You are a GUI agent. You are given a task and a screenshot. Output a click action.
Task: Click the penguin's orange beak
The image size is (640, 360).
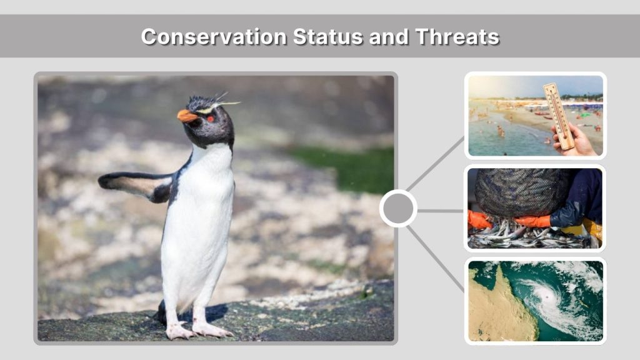point(186,116)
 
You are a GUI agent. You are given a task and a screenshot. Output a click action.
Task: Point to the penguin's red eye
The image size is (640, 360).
point(211,118)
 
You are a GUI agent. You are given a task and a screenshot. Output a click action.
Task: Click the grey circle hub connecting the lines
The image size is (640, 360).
point(398,208)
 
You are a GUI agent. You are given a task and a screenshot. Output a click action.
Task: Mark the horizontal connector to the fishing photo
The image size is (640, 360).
point(440,211)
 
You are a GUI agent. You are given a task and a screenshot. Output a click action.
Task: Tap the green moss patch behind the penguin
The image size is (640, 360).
point(350,166)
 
